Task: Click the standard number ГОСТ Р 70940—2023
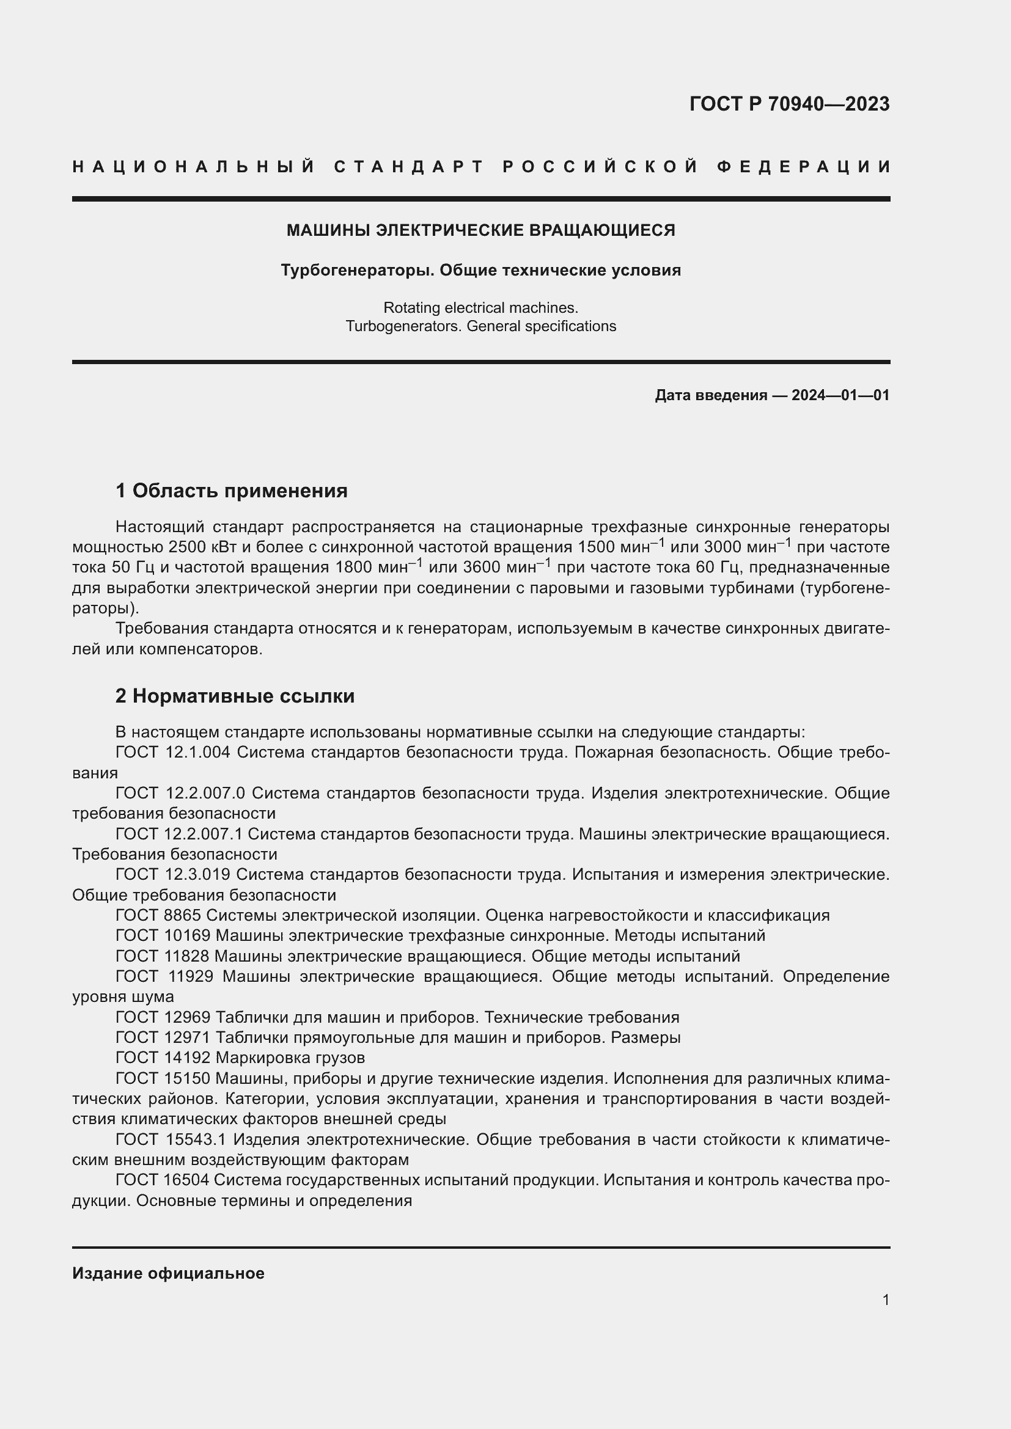[x=789, y=104]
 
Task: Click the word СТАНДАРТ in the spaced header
[x=409, y=167]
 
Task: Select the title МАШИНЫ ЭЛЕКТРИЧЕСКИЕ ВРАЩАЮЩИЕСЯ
[x=480, y=230]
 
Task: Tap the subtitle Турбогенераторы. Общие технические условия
[x=480, y=270]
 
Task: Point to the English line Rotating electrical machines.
[x=480, y=307]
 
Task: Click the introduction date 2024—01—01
[x=840, y=395]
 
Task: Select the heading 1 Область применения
[x=232, y=491]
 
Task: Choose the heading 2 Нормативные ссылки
[x=235, y=696]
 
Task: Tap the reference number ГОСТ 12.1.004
[x=173, y=753]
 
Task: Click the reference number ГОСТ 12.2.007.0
[x=180, y=794]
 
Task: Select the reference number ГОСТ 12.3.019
[x=173, y=874]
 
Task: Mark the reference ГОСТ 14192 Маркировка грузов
[x=240, y=1058]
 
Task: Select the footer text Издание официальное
[x=168, y=1273]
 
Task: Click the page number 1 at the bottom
[x=886, y=1299]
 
